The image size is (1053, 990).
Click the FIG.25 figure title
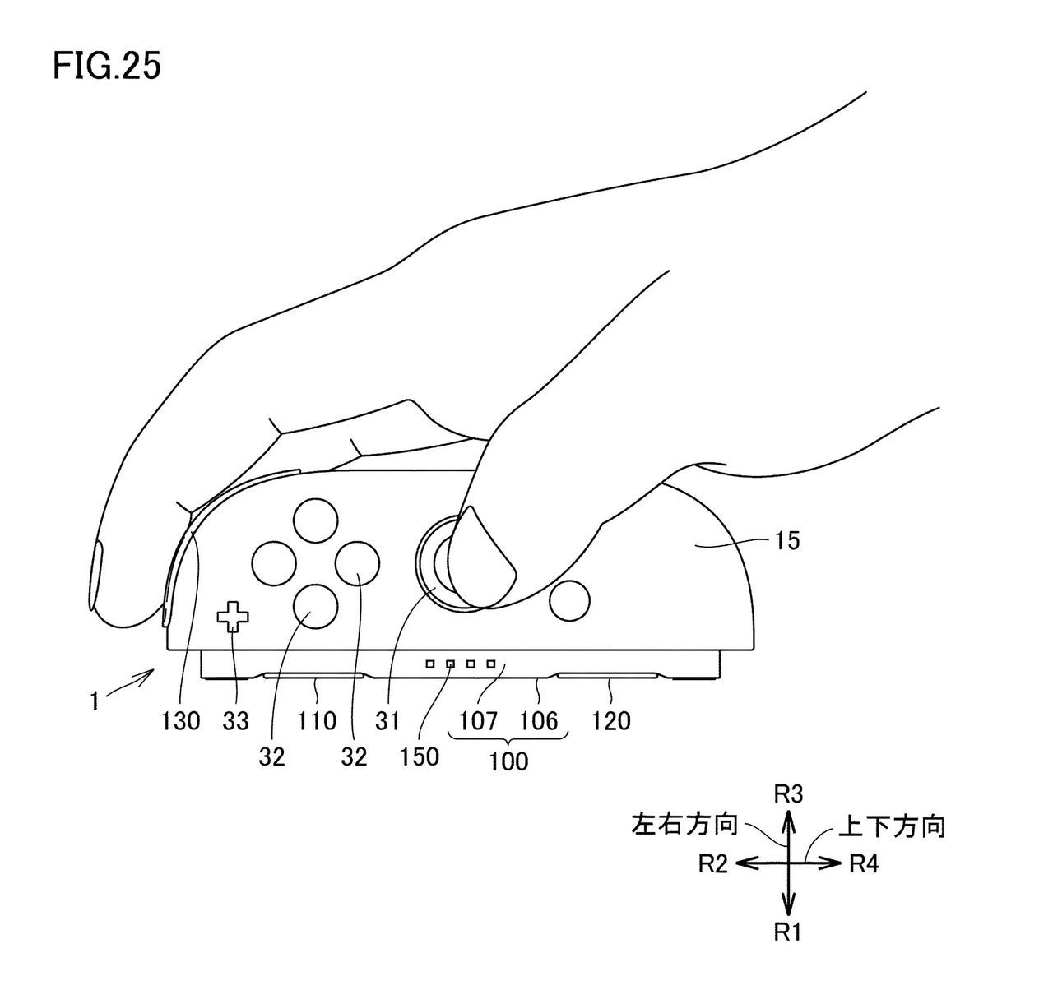pyautogui.click(x=107, y=66)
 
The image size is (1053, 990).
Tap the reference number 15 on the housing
pyautogui.click(x=787, y=541)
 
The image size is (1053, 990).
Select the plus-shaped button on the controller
pyautogui.click(x=233, y=616)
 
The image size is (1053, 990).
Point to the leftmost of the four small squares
pyautogui.click(x=430, y=663)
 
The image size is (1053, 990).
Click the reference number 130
pyautogui.click(x=181, y=721)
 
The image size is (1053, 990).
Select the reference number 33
pyautogui.click(x=235, y=721)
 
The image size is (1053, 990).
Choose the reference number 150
pyautogui.click(x=420, y=756)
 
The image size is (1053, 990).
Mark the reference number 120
pyautogui.click(x=611, y=721)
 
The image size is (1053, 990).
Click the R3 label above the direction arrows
pyautogui.click(x=789, y=793)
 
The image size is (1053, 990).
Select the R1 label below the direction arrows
pyautogui.click(x=789, y=932)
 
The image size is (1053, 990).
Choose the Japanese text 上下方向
pyautogui.click(x=891, y=826)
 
